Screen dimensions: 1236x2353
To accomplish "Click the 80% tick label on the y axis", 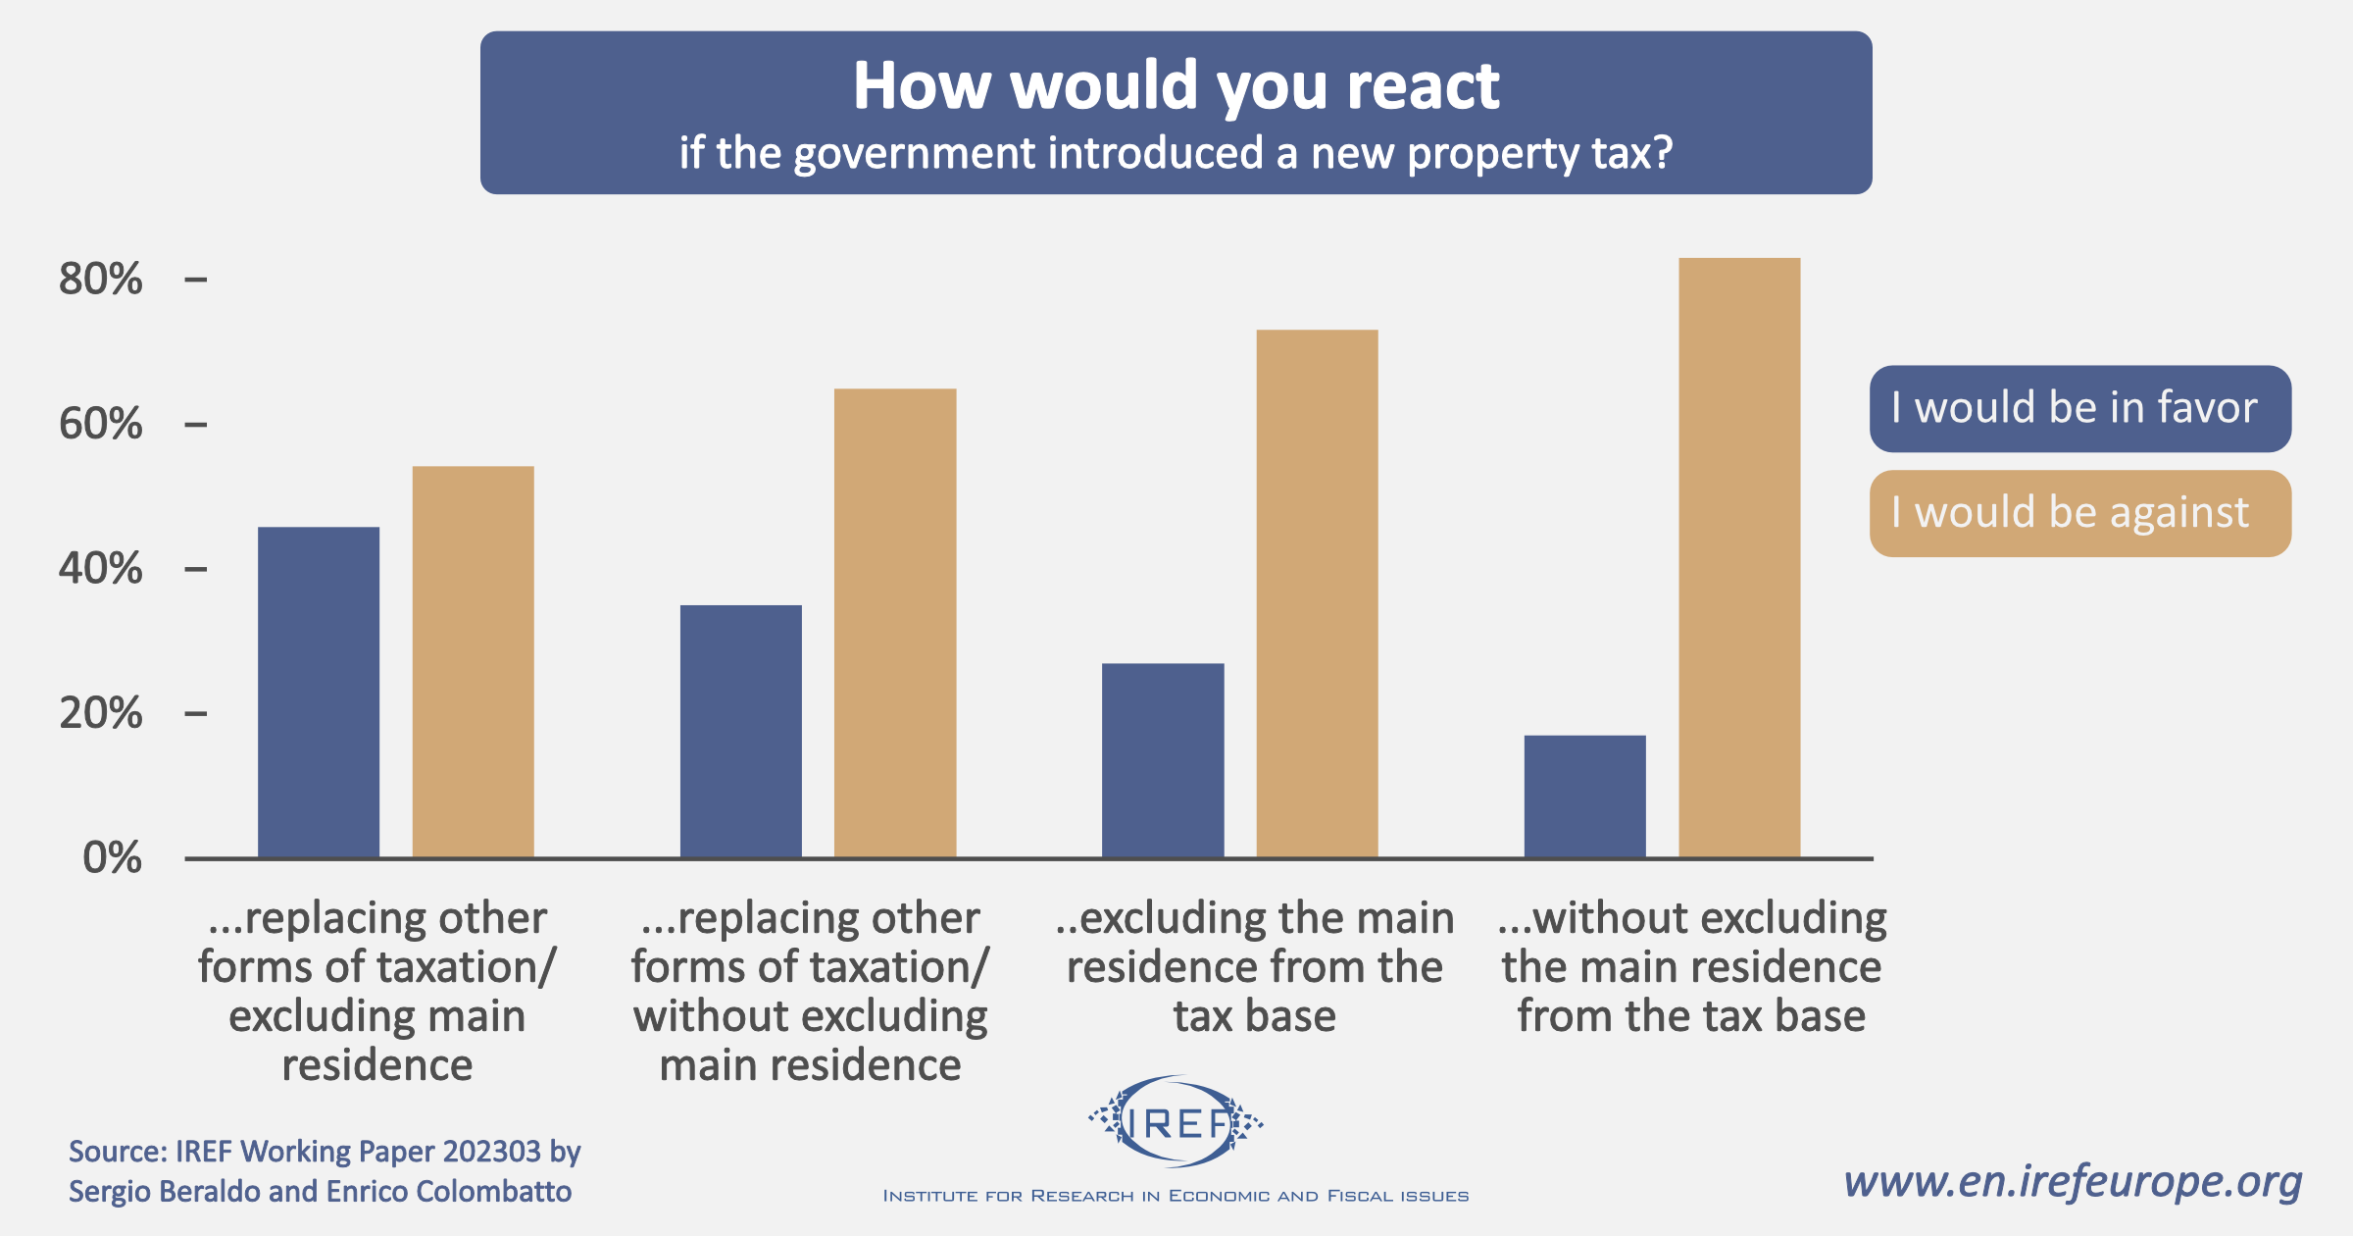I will tap(100, 280).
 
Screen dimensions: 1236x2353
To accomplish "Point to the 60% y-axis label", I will tap(100, 425).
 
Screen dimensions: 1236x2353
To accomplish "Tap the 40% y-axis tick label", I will tap(100, 569).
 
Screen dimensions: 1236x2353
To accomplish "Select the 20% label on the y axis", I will tap(100, 713).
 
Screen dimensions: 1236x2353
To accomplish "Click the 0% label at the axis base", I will tap(112, 858).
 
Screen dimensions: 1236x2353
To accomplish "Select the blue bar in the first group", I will tap(319, 692).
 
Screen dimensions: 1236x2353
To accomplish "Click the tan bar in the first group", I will tap(473, 662).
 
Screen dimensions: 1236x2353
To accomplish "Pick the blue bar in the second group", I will tap(740, 731).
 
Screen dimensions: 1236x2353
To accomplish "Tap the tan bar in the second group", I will tap(895, 623).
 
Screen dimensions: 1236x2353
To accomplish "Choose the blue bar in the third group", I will tap(1163, 760).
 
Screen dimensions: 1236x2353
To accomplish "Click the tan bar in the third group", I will tap(1317, 593).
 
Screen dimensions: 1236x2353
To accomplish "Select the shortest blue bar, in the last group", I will tap(1584, 797).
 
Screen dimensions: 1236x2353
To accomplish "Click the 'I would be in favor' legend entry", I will tap(2079, 408).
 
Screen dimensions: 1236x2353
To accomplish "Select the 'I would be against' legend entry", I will tap(2079, 513).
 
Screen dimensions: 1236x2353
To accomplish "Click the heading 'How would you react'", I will tap(1176, 85).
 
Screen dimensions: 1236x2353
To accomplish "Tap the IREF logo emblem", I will tap(1176, 1122).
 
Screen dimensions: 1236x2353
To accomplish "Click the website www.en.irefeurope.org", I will tap(2073, 1182).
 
